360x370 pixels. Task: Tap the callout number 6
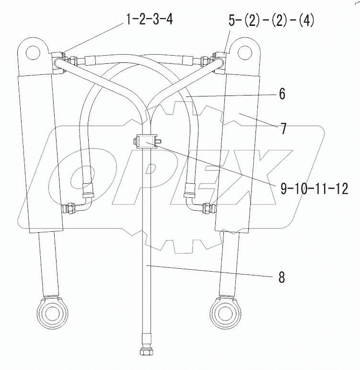(281, 94)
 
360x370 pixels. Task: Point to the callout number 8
(281, 277)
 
